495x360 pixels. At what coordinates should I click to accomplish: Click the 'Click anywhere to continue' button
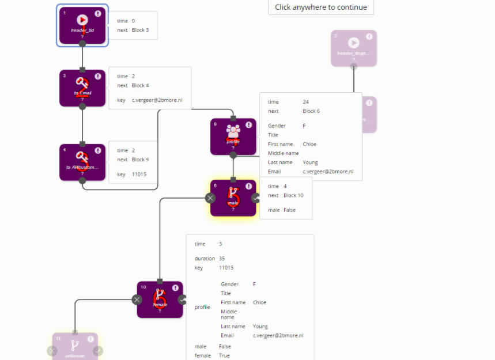(x=321, y=7)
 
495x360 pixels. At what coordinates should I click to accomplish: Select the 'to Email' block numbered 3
(x=82, y=88)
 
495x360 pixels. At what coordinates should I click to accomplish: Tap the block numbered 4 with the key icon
(x=82, y=162)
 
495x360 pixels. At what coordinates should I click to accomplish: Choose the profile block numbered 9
(x=233, y=137)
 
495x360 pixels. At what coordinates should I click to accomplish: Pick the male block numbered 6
(x=233, y=198)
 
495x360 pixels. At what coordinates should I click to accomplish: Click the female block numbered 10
(x=160, y=300)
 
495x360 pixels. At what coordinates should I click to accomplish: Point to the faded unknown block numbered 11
(x=75, y=347)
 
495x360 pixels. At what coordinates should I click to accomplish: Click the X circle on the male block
(x=210, y=198)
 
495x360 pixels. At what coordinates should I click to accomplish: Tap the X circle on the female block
(x=137, y=300)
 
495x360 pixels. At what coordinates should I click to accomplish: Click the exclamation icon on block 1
(x=98, y=14)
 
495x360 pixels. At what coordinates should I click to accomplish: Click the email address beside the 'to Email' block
(x=157, y=100)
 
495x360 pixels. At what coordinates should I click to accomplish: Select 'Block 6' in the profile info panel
(x=311, y=111)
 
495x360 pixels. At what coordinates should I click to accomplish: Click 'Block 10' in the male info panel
(x=293, y=195)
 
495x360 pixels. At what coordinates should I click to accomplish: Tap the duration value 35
(x=222, y=259)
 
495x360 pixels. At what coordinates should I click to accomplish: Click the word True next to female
(x=224, y=355)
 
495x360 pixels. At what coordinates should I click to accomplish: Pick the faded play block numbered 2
(x=354, y=48)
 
